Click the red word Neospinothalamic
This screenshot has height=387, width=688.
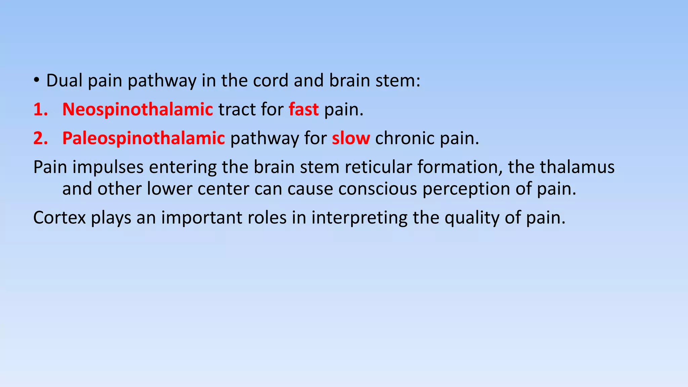click(137, 110)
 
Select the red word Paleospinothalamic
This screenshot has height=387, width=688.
click(143, 138)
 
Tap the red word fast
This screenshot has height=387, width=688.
click(304, 110)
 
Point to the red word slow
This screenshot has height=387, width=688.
click(351, 138)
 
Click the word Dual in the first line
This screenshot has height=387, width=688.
click(64, 81)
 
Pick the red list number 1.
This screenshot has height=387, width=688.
click(40, 110)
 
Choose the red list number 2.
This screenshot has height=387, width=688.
click(40, 138)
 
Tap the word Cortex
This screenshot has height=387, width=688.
click(59, 218)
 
